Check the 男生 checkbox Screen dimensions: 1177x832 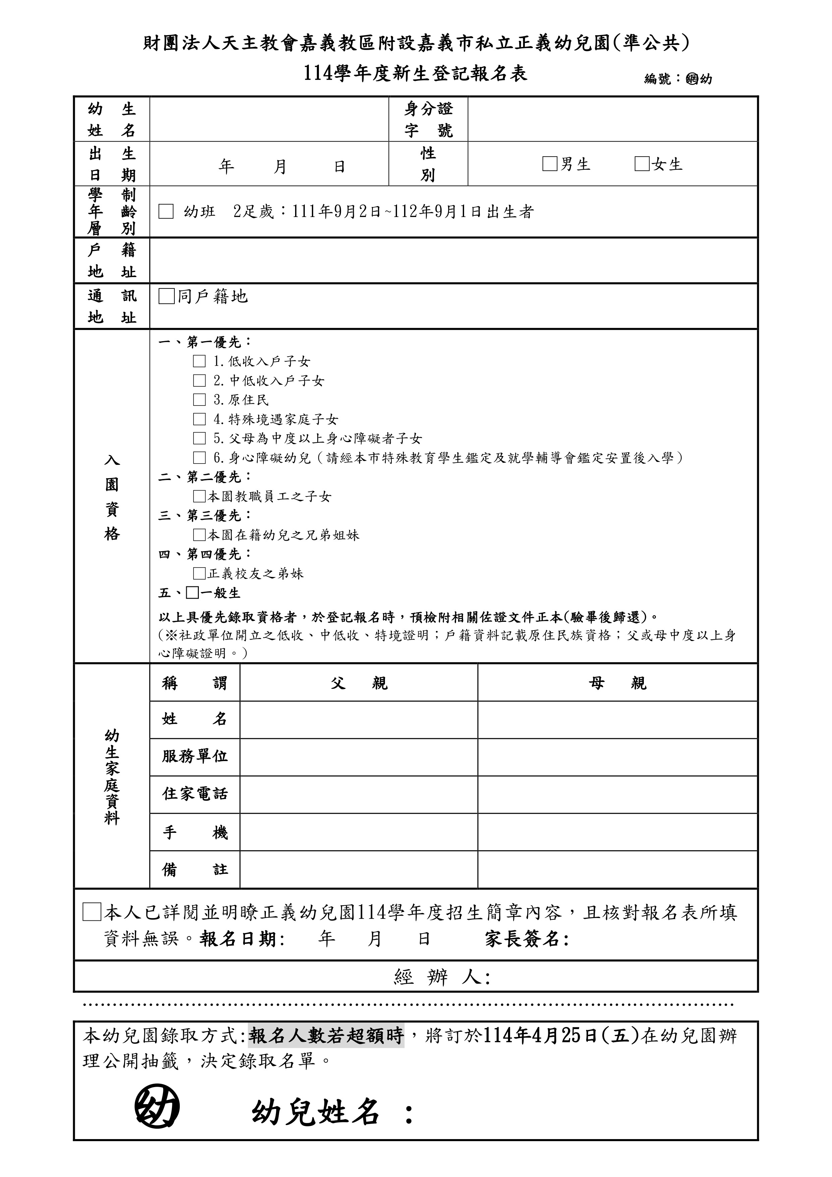coord(550,164)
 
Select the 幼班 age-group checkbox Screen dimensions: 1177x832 coord(166,211)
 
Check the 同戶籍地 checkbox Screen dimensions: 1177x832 coord(167,296)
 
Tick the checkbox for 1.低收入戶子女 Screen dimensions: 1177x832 coord(199,361)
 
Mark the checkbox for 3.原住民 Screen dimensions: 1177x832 coord(199,400)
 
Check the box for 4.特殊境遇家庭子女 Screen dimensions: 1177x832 coord(199,419)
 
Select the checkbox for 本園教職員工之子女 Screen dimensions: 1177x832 coord(199,496)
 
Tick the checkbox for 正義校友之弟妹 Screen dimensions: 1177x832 coord(199,573)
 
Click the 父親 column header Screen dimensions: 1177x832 coord(359,683)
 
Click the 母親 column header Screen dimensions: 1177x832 coord(617,683)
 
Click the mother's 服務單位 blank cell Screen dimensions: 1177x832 coord(617,757)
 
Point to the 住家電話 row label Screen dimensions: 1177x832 coord(195,795)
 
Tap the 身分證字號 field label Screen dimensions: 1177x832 coord(429,119)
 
